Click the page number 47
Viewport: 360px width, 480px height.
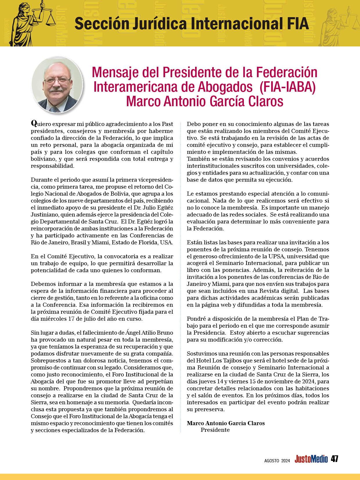click(x=335, y=459)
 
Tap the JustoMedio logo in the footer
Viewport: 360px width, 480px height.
click(x=311, y=459)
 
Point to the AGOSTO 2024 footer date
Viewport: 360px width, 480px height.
click(x=277, y=460)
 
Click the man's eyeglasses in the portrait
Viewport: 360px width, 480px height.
click(x=58, y=80)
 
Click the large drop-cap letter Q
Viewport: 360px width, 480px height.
click(x=34, y=123)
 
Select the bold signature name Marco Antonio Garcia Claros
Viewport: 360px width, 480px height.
click(x=226, y=423)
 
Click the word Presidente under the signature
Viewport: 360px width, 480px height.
click(x=215, y=430)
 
